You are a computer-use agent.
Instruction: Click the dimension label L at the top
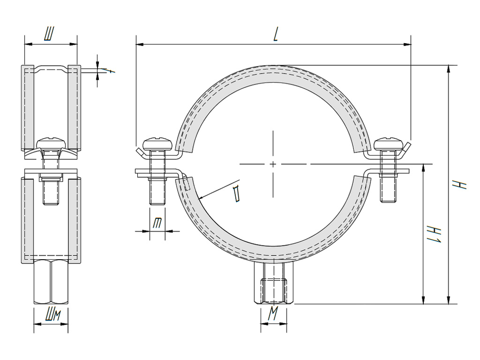click(276, 35)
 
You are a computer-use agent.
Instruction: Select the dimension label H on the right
click(461, 184)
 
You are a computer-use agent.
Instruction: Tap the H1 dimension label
click(434, 234)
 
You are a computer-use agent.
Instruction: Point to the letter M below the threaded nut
click(273, 314)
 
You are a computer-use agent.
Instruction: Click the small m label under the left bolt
click(157, 223)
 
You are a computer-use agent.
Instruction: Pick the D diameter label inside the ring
click(236, 194)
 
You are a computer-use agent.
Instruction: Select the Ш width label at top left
click(49, 35)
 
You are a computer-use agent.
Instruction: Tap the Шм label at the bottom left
click(51, 314)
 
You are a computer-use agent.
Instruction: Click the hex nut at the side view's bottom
click(51, 282)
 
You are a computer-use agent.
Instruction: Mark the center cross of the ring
click(273, 164)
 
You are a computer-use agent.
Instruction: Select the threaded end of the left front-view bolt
click(157, 193)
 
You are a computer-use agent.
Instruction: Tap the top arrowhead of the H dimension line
click(449, 69)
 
